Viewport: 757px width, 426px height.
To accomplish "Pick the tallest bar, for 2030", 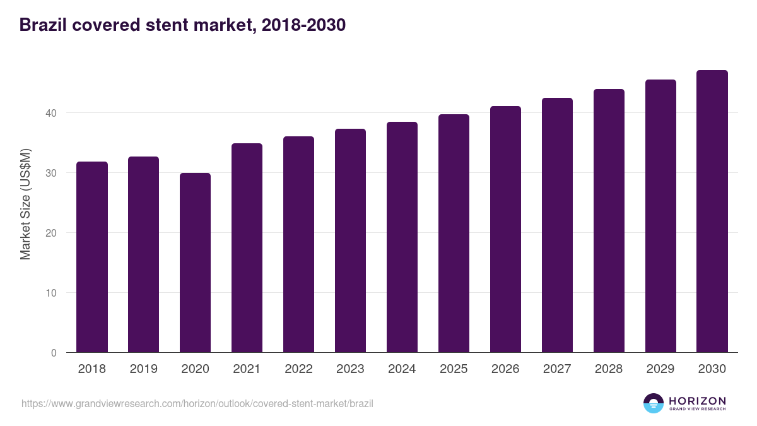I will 712,211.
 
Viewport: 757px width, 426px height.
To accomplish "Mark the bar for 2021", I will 247,248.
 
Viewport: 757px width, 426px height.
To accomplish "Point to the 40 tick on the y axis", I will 50,113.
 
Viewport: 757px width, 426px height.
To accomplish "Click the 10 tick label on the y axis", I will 50,293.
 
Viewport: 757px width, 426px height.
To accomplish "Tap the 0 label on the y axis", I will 54,353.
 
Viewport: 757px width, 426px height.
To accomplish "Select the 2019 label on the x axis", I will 144,369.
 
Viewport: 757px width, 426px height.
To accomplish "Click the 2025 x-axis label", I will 454,369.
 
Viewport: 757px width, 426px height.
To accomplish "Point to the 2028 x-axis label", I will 609,369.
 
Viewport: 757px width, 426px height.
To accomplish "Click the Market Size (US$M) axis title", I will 26,203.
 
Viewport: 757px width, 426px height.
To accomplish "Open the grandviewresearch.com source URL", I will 197,403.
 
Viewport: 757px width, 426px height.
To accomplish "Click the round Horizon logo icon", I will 654,403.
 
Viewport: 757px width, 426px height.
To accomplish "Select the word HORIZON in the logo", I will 697,401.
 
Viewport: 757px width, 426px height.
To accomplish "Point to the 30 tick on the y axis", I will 50,173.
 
